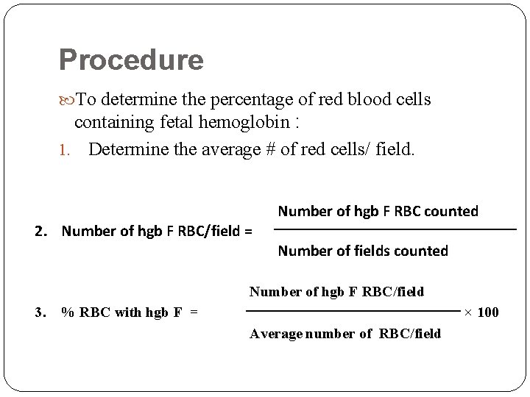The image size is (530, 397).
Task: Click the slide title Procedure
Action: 131,60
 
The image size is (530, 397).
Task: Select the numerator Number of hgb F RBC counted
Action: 378,212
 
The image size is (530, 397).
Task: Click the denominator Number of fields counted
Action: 362,251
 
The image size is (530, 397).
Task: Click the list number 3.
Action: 41,312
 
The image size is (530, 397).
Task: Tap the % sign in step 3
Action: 67,312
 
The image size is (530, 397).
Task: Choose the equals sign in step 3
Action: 194,312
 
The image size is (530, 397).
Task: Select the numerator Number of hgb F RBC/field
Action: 336,293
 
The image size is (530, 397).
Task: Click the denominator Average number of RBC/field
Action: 345,334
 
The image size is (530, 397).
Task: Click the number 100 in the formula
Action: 488,312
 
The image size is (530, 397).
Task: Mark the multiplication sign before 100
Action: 469,312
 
